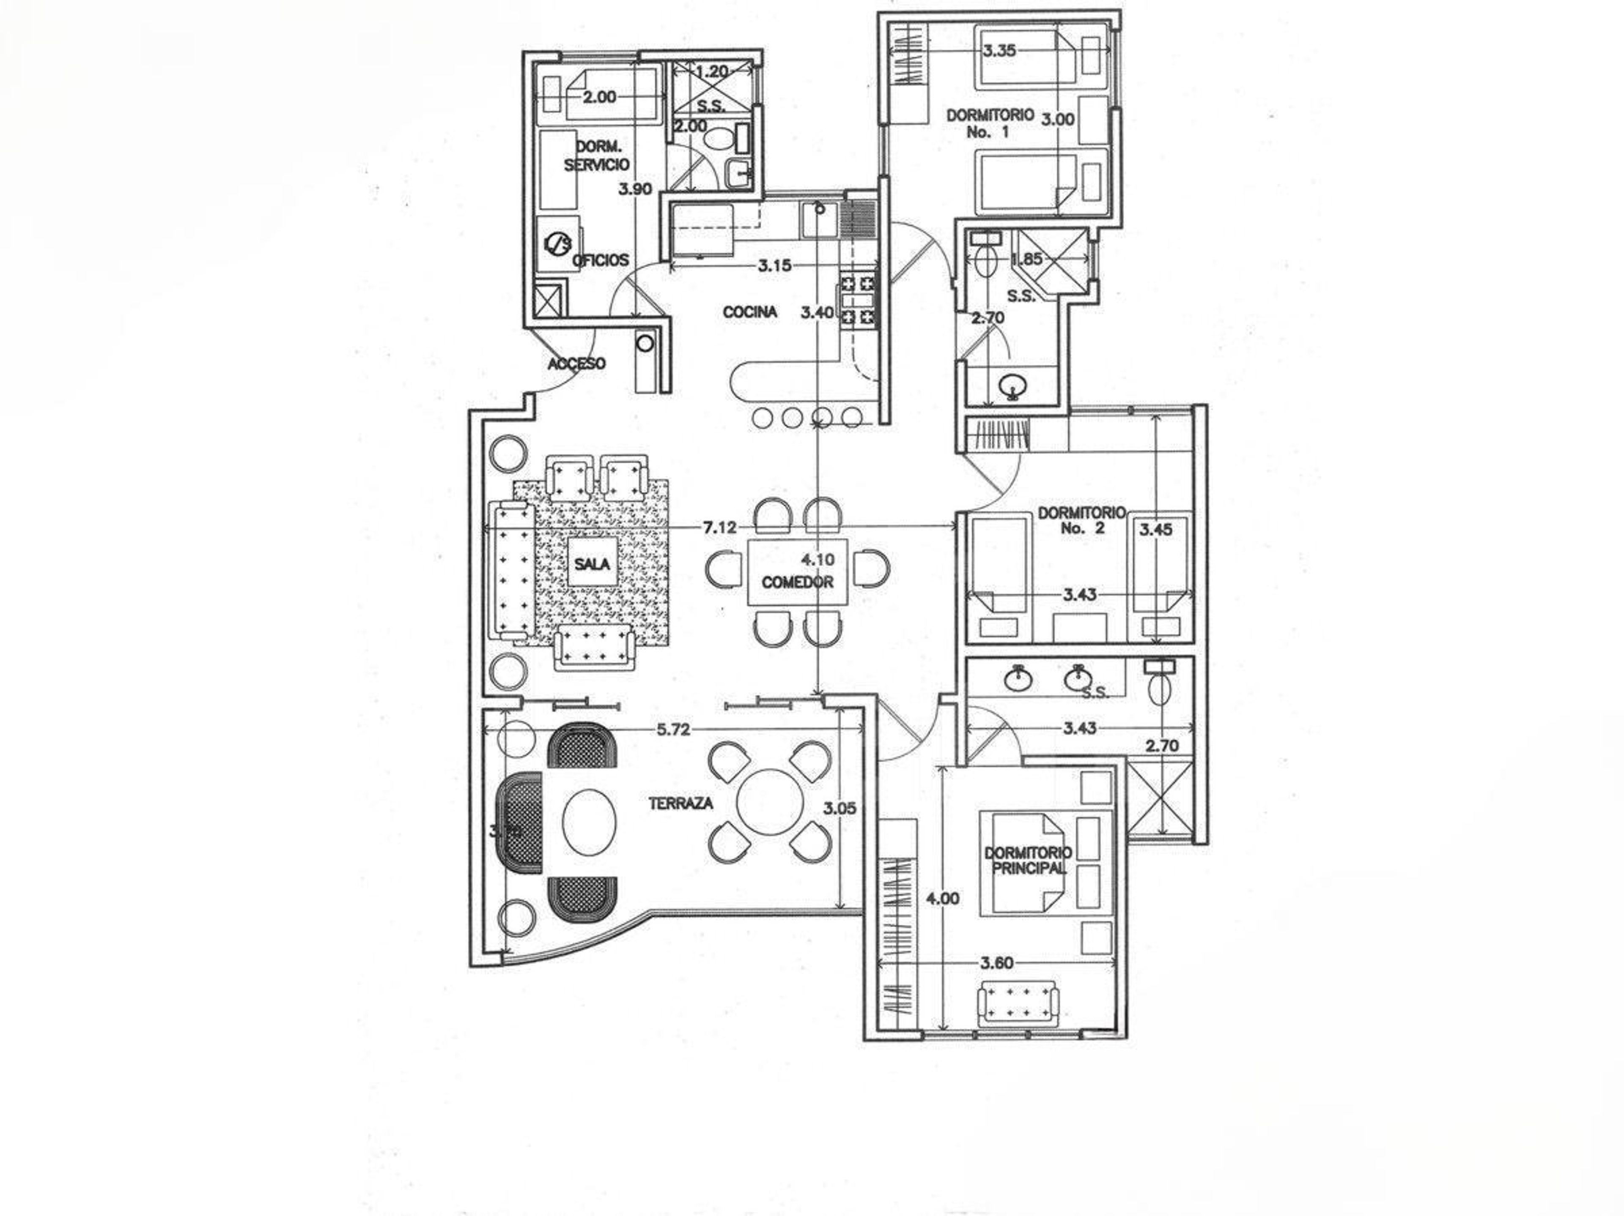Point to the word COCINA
tap(749, 312)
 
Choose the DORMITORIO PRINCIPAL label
tap(1028, 861)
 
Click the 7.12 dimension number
tap(719, 527)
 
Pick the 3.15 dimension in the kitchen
tap(774, 266)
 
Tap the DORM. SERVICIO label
tap(596, 156)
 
